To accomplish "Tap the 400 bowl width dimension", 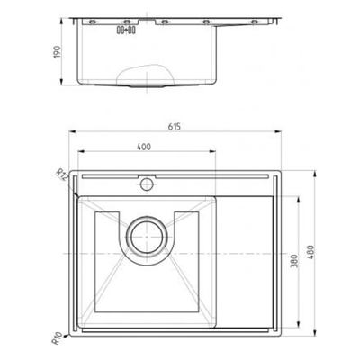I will (x=144, y=147).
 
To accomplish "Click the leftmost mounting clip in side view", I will (x=91, y=20).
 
